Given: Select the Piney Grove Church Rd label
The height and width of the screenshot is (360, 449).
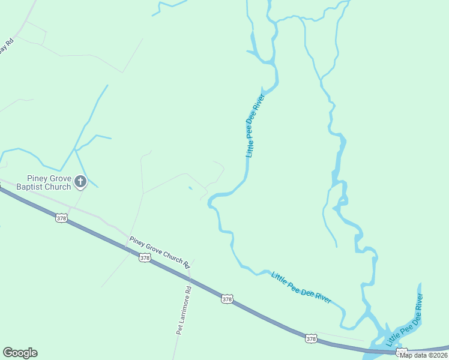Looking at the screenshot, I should [160, 252].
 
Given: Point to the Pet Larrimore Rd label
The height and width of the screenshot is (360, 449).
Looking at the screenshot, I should [184, 310].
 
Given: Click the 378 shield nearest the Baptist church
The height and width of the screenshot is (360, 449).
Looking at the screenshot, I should [61, 218].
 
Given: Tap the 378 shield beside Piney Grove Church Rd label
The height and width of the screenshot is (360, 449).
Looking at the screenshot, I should [144, 257].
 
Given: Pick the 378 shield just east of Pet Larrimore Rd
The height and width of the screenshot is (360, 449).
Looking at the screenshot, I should [226, 299].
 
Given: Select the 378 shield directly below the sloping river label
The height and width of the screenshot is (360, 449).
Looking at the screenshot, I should [310, 339].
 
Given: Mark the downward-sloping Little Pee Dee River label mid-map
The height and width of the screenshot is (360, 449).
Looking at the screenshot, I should [301, 287].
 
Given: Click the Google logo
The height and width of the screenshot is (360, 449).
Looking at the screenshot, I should [20, 353].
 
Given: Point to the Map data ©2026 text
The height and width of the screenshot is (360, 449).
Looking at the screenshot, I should [423, 355].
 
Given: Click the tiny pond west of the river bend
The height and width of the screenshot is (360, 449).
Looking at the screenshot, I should [190, 188].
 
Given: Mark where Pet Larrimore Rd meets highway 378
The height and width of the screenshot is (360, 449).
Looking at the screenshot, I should [190, 277].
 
